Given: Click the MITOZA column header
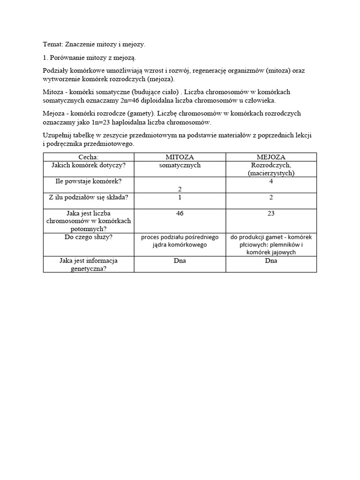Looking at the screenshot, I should [x=180, y=157].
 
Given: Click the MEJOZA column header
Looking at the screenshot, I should [x=271, y=157].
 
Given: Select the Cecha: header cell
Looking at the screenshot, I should [x=89, y=157].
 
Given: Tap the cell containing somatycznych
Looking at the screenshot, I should [x=180, y=165].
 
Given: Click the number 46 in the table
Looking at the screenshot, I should [x=180, y=213].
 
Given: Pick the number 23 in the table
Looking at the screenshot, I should [x=271, y=213].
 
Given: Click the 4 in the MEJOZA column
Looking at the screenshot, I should [x=271, y=181].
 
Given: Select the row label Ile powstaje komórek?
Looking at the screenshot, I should [x=89, y=181].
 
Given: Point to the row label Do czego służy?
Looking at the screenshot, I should [x=89, y=237].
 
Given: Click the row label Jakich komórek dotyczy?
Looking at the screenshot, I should [x=89, y=165].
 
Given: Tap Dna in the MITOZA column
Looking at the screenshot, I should [x=180, y=261].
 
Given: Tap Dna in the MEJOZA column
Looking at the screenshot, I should [x=271, y=261].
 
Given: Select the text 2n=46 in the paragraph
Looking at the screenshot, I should [x=123, y=100].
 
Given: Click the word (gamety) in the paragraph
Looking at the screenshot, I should [x=141, y=113].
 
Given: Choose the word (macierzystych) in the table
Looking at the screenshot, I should [x=271, y=173].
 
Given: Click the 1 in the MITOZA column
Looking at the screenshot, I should [x=180, y=197].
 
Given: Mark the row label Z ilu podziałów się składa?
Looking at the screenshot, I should [x=89, y=197].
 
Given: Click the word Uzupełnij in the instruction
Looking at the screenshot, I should [x=57, y=135].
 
